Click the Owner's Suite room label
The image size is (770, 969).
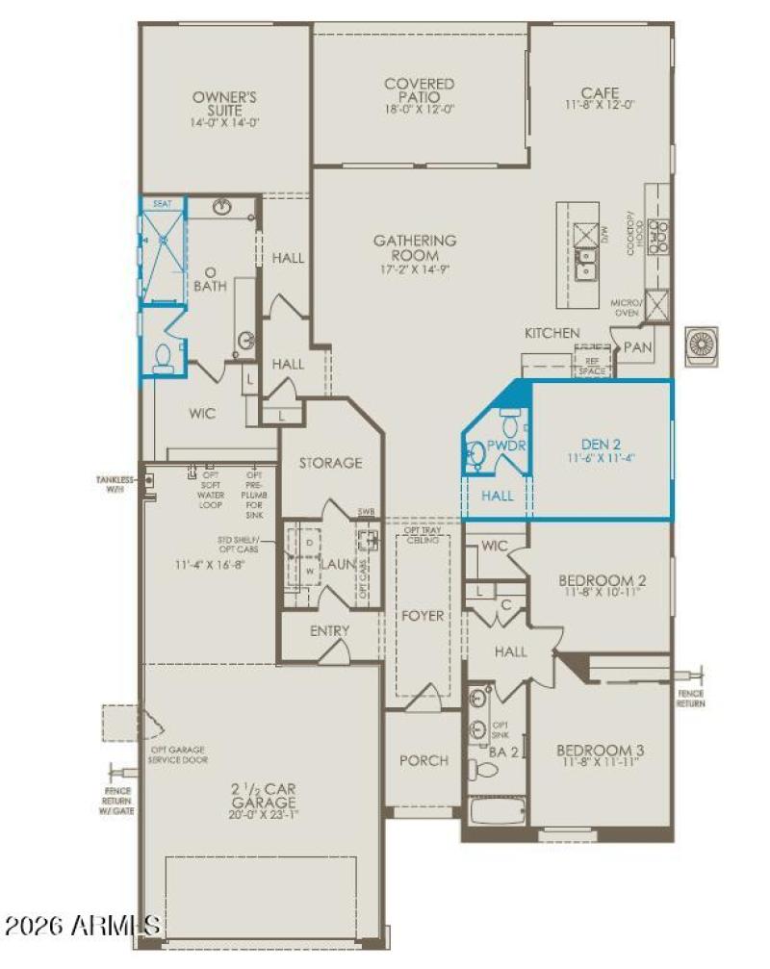point(226,103)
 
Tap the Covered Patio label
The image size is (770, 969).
point(420,90)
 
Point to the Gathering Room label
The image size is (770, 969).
point(416,247)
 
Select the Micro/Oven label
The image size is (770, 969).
point(626,308)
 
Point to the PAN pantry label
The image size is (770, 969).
point(636,345)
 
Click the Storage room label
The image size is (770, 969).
point(330,463)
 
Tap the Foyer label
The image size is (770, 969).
point(423,615)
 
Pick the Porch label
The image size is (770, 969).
point(423,760)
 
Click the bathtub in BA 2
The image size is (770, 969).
point(498,811)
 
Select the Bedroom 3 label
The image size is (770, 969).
point(601,751)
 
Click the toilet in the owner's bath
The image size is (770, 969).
point(163,356)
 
